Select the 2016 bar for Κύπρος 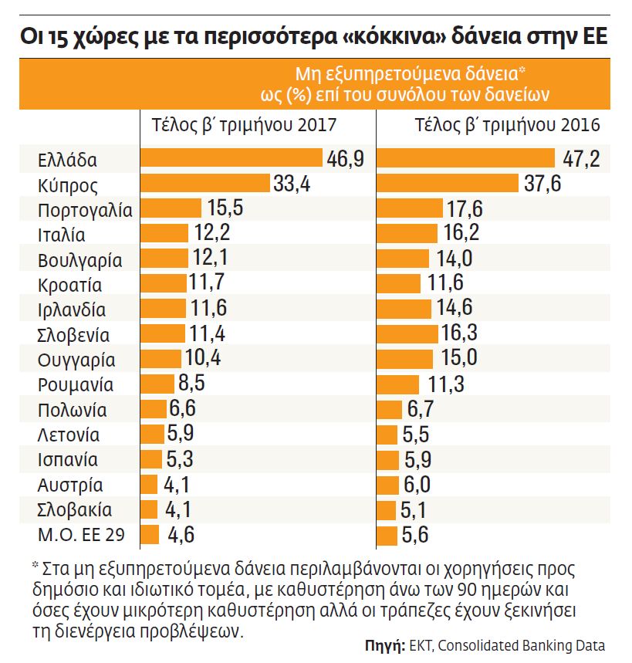pyautogui.click(x=447, y=184)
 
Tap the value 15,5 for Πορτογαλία pyautogui.click(x=225, y=208)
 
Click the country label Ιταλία pyautogui.click(x=61, y=235)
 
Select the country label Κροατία pyautogui.click(x=69, y=285)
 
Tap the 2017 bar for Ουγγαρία pyautogui.click(x=161, y=359)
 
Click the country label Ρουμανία pyautogui.click(x=76, y=384)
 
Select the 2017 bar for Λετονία pyautogui.click(x=152, y=434)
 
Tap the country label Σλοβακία pyautogui.click(x=75, y=510)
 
